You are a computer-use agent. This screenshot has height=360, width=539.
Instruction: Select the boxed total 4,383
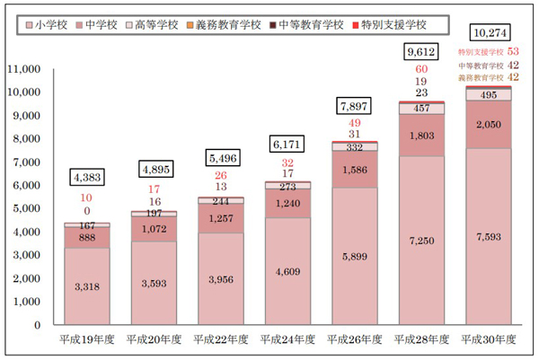[x=88, y=176]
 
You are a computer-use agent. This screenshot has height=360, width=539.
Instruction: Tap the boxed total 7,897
[x=354, y=106]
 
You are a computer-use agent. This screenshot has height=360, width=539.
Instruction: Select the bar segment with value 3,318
[x=88, y=286]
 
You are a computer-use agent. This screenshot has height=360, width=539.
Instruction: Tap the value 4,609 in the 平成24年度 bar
[x=287, y=270]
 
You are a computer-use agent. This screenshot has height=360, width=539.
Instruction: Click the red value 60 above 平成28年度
[x=421, y=69]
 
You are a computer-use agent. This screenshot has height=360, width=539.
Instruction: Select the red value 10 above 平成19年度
[x=88, y=198]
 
